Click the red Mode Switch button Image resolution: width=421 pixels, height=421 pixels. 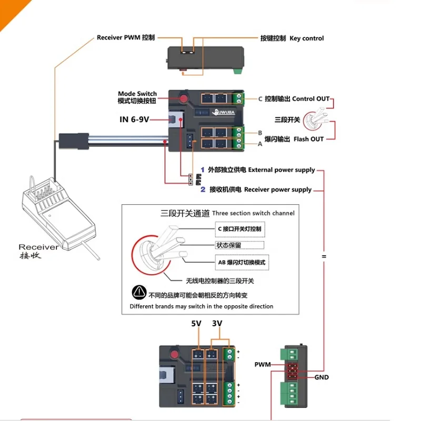tap(184, 98)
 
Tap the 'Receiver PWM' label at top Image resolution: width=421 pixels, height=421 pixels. tap(126, 38)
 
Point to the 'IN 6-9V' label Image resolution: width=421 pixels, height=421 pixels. tap(134, 119)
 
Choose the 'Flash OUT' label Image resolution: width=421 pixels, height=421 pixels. tap(309, 139)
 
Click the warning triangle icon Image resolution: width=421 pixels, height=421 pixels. tap(138, 293)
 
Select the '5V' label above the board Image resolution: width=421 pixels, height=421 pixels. tap(196, 324)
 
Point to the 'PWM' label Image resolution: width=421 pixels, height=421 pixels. tap(262, 364)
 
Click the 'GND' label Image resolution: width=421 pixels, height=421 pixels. tap(322, 377)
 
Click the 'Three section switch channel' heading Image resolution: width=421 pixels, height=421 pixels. tap(253, 213)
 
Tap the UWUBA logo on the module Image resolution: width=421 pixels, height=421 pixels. tap(225, 112)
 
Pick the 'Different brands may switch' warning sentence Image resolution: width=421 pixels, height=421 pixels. tap(202, 306)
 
